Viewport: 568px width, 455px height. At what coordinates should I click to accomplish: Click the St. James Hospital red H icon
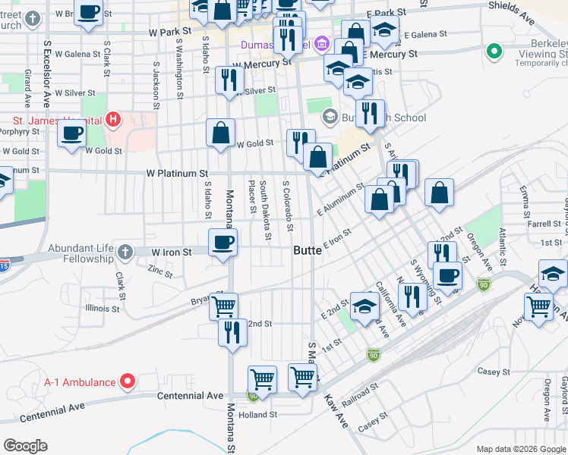112,119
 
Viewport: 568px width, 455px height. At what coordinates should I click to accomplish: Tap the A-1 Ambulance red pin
128,381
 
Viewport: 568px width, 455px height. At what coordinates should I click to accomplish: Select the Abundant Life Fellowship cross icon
125,251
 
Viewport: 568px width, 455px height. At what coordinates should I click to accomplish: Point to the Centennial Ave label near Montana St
190,396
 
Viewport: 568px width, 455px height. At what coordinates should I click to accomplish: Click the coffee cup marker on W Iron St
222,243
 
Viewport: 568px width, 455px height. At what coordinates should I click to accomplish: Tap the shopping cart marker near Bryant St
223,306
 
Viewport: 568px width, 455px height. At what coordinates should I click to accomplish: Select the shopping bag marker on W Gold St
220,133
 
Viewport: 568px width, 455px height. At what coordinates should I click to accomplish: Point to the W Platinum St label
177,174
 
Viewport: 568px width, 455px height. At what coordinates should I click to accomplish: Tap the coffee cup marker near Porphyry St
71,133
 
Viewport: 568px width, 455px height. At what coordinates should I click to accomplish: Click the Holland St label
257,415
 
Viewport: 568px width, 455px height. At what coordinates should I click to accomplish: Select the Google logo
25,446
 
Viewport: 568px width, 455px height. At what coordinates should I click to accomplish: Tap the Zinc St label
160,270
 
